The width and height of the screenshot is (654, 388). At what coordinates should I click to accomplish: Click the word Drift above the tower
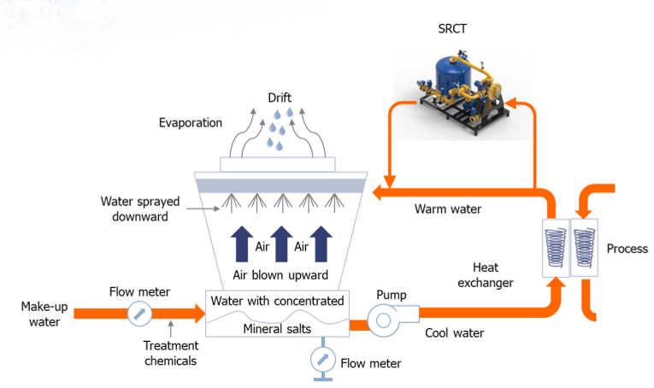pos(280,97)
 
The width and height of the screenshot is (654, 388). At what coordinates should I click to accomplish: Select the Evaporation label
pos(191,123)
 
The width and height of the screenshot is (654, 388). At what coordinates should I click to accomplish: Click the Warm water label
pos(448,209)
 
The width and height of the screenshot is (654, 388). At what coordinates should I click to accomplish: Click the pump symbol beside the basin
pos(382,320)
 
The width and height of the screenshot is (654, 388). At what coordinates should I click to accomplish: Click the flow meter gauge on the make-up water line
pos(138,315)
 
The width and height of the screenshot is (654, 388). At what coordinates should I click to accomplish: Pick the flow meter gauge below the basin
pos(321,356)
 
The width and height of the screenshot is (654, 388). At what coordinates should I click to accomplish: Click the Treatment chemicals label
pos(172,353)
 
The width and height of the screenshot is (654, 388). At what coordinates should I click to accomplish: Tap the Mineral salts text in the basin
pos(276,329)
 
